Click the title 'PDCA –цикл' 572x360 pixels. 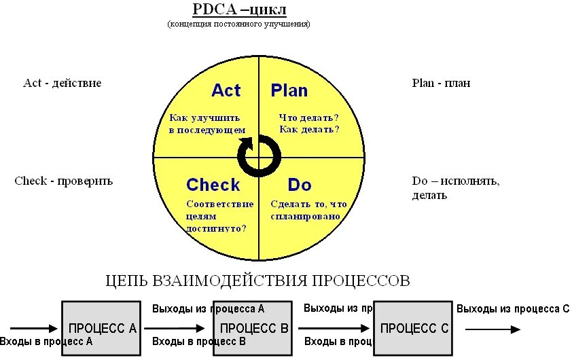[x=239, y=10]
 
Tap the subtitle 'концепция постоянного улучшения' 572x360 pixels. [x=239, y=24]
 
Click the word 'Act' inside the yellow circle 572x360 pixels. [x=226, y=90]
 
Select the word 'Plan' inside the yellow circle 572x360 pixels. [x=289, y=90]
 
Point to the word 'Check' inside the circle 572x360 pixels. [x=213, y=185]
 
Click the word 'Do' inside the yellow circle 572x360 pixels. [x=300, y=185]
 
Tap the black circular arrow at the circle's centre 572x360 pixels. [x=259, y=156]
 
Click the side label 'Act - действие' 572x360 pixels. [x=62, y=83]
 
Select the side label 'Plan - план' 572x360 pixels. [x=441, y=83]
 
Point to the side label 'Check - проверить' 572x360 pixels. [x=63, y=181]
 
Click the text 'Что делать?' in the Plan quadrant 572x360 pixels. [x=309, y=117]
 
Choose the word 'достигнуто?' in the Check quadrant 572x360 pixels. [x=216, y=229]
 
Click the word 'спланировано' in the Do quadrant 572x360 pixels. [x=305, y=216]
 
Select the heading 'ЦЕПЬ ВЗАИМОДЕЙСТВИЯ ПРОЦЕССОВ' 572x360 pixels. [x=258, y=280]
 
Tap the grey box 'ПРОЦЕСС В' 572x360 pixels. [x=253, y=328]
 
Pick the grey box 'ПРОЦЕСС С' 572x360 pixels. [x=414, y=328]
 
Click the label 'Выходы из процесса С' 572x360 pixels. [x=513, y=309]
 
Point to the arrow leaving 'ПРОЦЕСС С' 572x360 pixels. [x=493, y=329]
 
